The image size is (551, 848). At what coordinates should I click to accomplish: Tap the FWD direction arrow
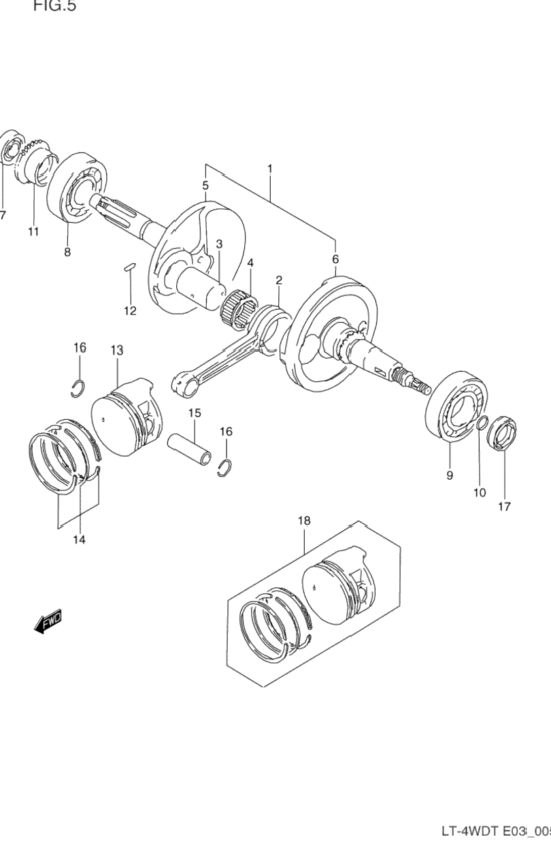click(47, 621)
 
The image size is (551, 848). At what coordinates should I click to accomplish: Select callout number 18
click(303, 521)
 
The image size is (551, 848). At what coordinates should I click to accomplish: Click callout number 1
click(270, 168)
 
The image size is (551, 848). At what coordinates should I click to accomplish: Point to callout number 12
click(130, 311)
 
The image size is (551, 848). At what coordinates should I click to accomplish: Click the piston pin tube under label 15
click(190, 449)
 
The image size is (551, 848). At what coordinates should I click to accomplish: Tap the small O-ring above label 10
click(481, 425)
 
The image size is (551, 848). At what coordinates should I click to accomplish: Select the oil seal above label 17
click(503, 433)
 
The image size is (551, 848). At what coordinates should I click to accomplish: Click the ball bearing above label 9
click(455, 408)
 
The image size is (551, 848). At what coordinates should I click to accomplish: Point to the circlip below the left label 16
click(80, 387)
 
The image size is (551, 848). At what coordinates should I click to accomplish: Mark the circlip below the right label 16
click(225, 468)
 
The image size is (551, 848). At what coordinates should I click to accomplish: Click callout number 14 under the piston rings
click(79, 540)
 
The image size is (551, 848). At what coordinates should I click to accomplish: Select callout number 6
click(335, 259)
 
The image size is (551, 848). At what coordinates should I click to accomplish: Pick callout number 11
click(33, 231)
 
